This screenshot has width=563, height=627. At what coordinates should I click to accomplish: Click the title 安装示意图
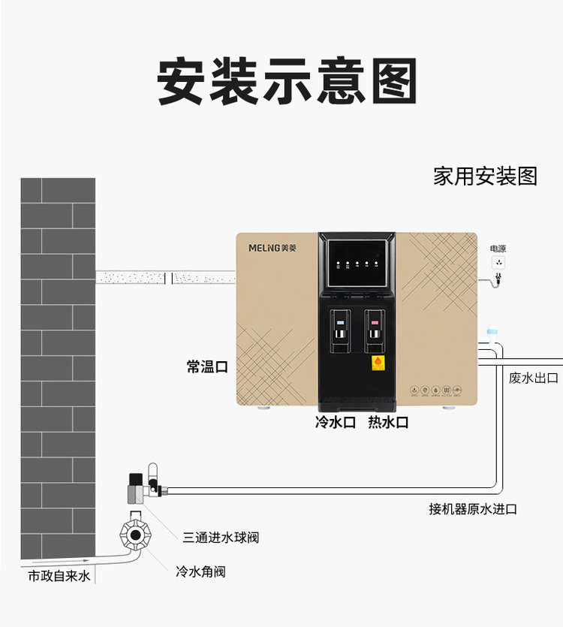click(288, 82)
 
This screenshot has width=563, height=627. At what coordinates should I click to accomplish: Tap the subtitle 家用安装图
click(485, 176)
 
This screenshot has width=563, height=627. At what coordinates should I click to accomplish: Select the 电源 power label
click(498, 249)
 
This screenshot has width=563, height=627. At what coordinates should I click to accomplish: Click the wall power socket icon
click(498, 264)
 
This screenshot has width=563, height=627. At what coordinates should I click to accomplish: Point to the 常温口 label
click(206, 366)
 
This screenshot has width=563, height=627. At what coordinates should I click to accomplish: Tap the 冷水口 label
click(335, 422)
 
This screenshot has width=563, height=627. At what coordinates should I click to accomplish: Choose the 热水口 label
click(388, 422)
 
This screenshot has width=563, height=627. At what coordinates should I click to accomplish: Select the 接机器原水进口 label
click(473, 509)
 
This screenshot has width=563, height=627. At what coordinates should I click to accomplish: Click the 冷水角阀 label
click(200, 572)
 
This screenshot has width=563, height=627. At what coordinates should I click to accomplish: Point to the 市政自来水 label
click(59, 577)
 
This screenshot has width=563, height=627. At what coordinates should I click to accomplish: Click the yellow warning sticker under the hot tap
click(378, 363)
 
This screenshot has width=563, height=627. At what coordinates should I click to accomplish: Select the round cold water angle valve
click(135, 535)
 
